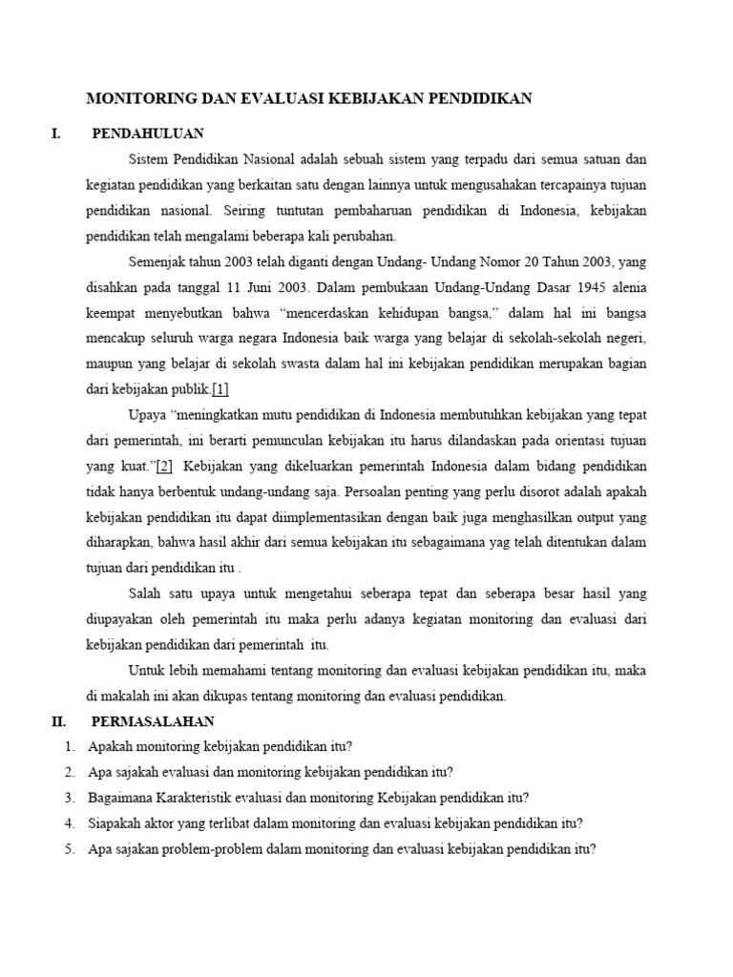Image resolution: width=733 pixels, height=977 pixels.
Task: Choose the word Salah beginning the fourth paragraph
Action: click(145, 593)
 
